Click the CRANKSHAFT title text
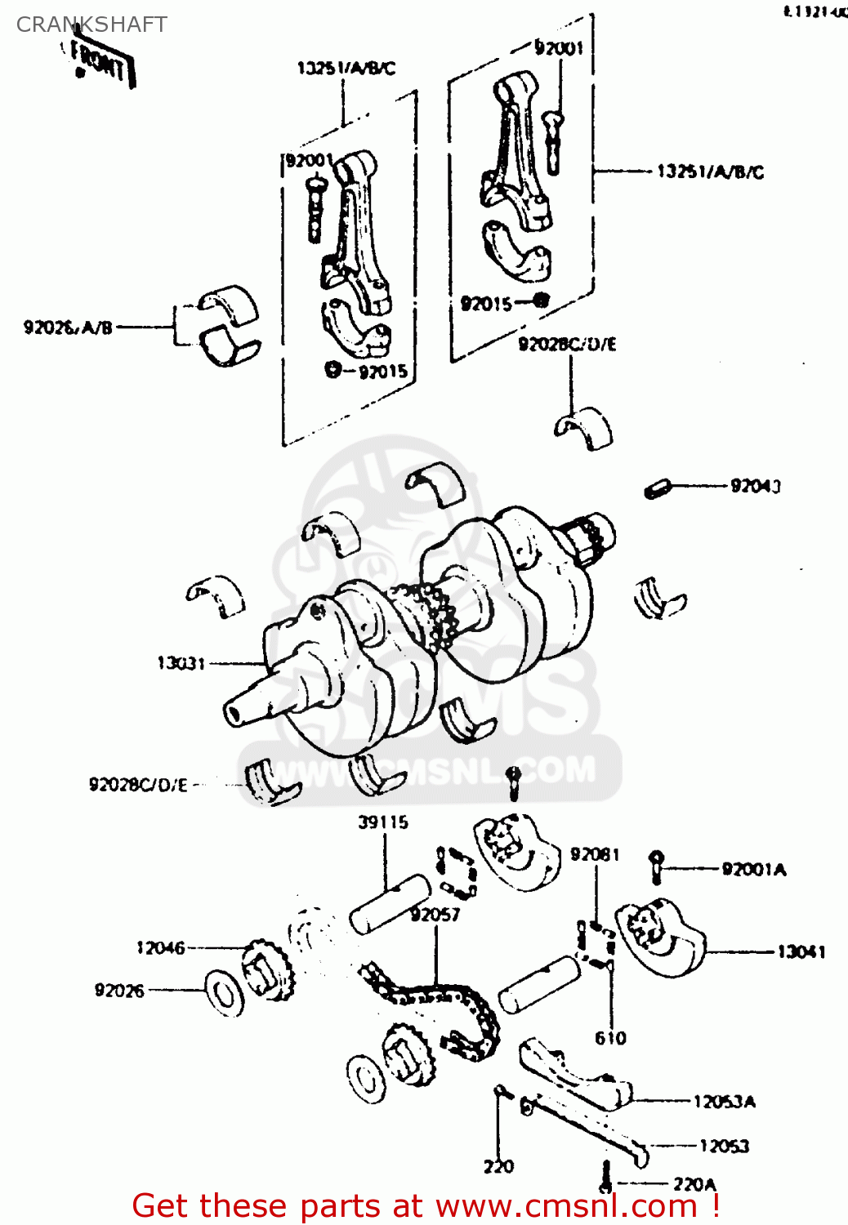(91, 24)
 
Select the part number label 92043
(755, 487)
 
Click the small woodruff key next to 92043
(657, 488)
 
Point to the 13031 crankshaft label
(181, 663)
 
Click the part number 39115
(382, 822)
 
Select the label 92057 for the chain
(435, 915)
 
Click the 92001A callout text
(753, 870)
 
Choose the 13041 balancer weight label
(801, 951)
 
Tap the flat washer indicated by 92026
(223, 993)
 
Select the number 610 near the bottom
(610, 1038)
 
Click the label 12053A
(724, 1102)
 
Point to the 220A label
(694, 1184)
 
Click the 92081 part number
(595, 854)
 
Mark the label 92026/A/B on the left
(68, 327)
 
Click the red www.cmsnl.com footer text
(425, 1206)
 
